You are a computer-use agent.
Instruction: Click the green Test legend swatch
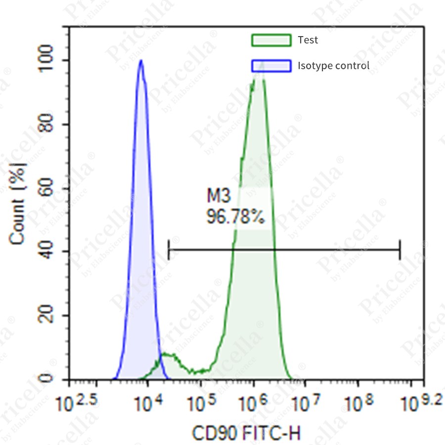point(271,40)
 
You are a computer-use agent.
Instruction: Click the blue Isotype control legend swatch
point(271,65)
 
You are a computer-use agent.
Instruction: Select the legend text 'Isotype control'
point(333,65)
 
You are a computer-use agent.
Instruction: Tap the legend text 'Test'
point(308,40)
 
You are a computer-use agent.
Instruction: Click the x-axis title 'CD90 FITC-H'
point(246,434)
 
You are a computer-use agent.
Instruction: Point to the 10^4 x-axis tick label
point(148,404)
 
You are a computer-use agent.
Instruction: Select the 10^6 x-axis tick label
point(254,404)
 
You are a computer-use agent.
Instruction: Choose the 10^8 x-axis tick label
point(359,404)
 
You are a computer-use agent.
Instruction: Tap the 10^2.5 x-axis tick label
point(75,404)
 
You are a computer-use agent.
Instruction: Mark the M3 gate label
point(219,196)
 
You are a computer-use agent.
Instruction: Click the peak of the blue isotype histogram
point(141,61)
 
